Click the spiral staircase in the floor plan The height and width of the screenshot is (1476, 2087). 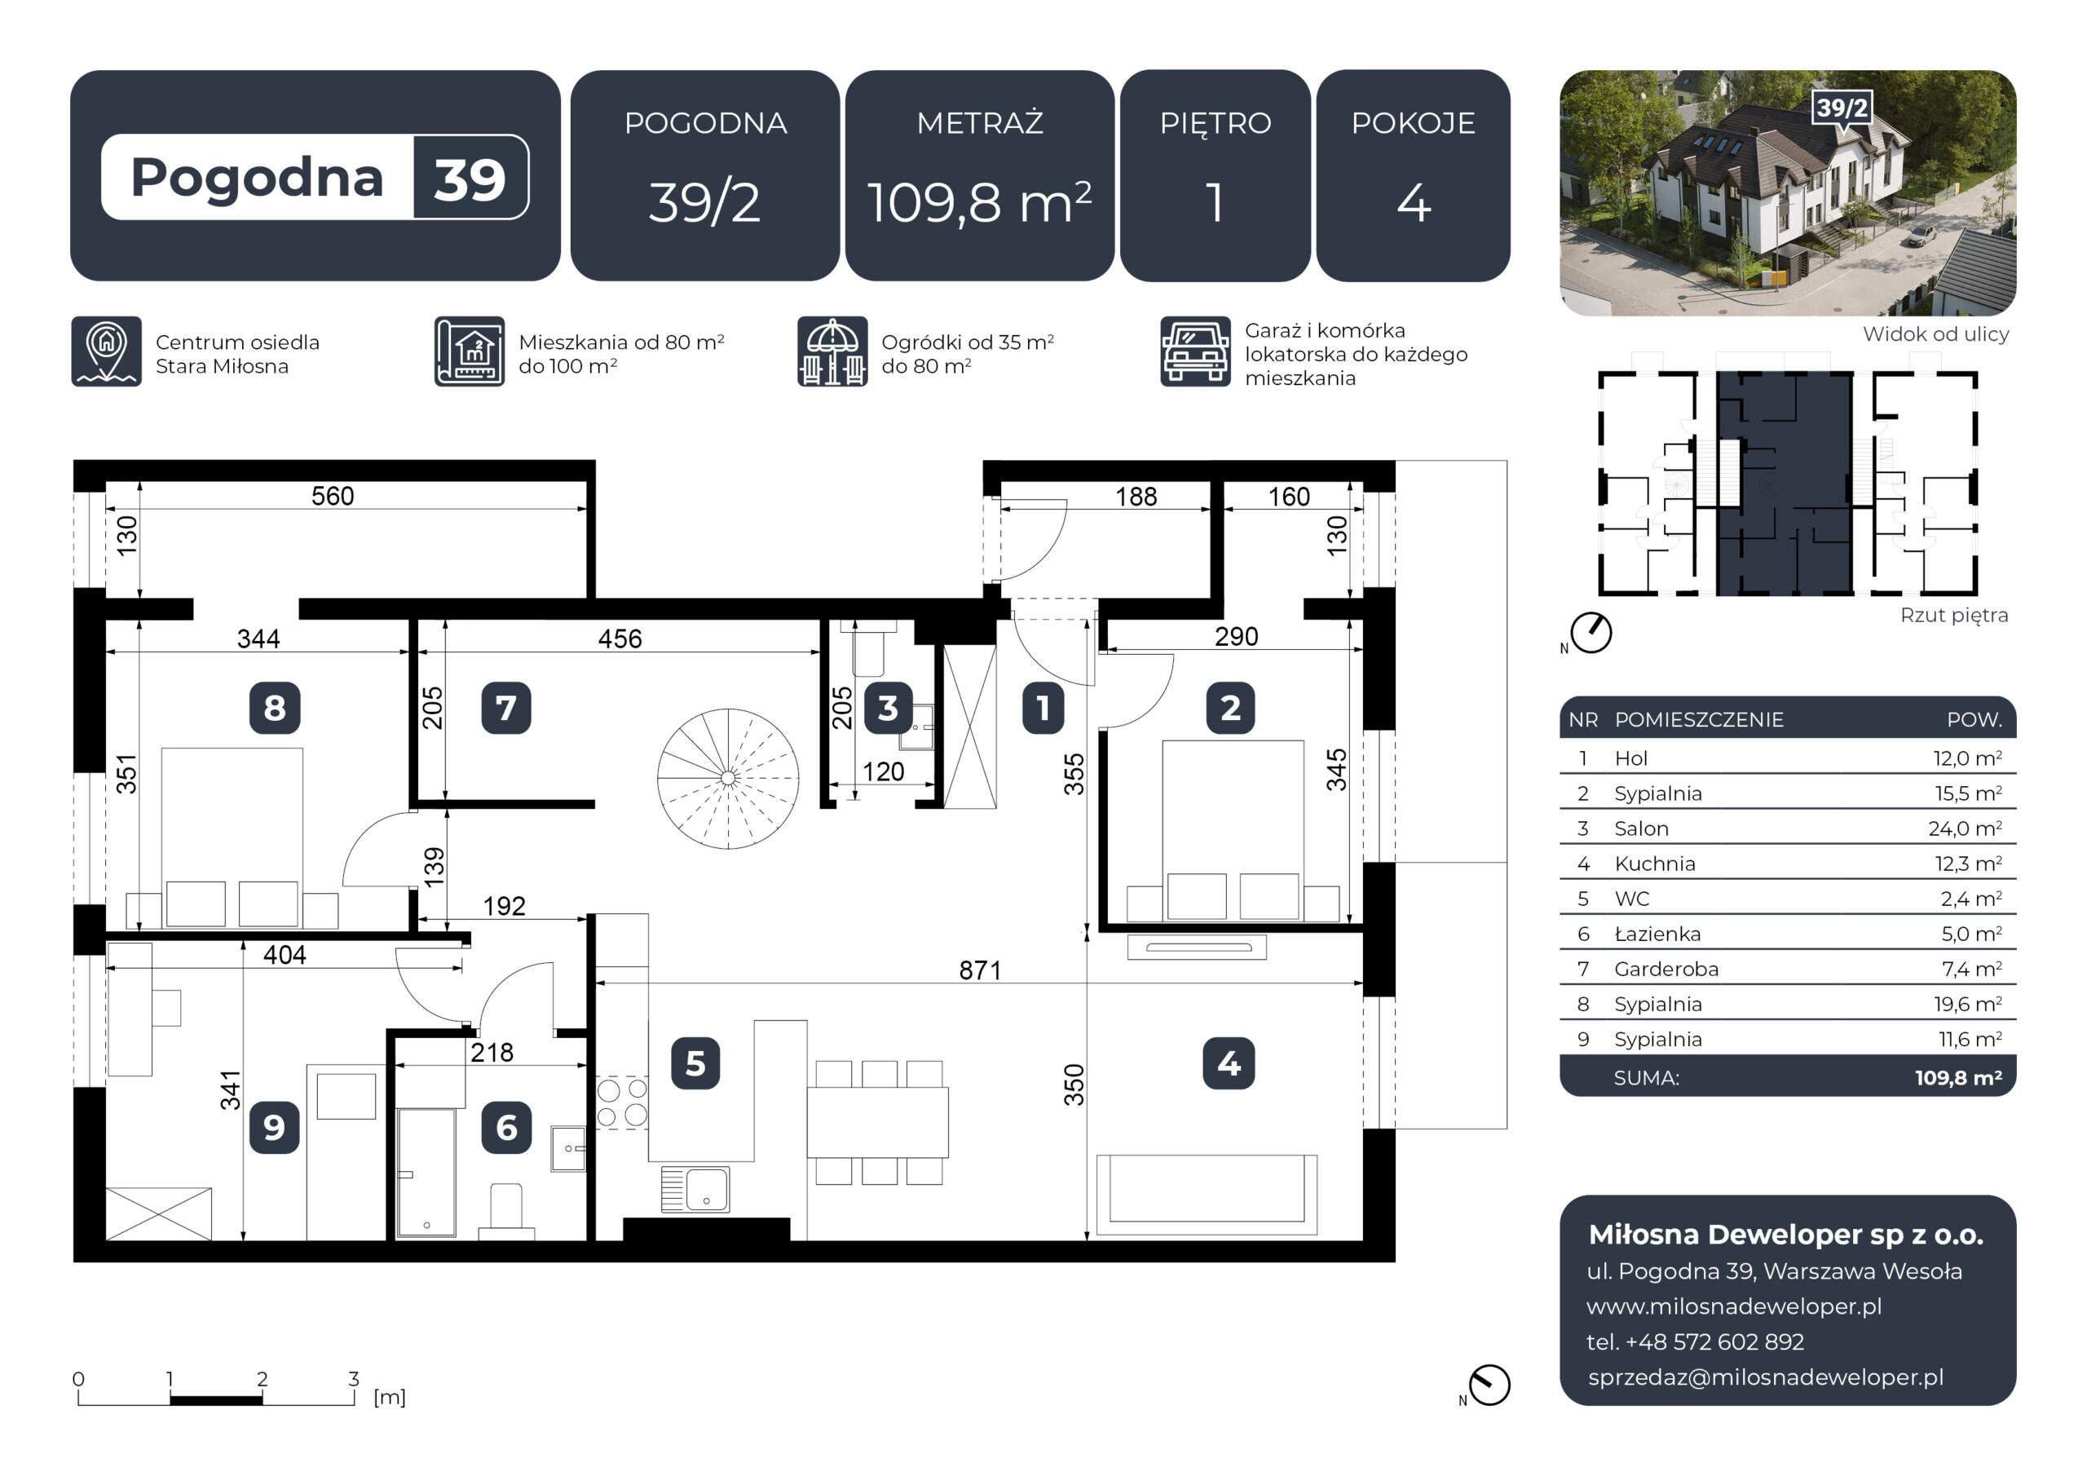point(727,779)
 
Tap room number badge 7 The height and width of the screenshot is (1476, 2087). point(506,708)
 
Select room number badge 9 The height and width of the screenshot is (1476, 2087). point(274,1128)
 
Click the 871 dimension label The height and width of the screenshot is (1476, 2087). point(980,970)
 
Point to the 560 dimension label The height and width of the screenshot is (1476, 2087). point(333,496)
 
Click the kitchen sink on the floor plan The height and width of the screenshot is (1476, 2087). point(695,1190)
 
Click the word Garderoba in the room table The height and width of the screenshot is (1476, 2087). point(1666,970)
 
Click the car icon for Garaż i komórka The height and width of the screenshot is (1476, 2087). point(1195,352)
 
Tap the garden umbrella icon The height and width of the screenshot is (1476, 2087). point(832,352)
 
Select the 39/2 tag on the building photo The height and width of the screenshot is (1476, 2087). point(1842,109)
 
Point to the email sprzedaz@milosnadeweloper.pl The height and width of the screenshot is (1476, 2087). point(1765,1378)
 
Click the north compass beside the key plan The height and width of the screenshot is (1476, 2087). point(1591,633)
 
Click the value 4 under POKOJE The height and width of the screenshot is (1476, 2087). point(1414,203)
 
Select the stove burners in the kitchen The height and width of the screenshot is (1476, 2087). point(622,1103)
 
